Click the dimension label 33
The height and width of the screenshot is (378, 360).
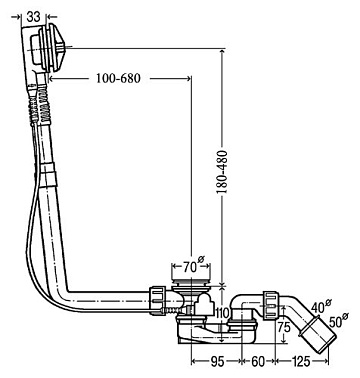click(x=34, y=17)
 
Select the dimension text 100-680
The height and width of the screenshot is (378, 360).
click(x=118, y=79)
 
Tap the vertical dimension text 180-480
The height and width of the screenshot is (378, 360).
click(x=222, y=172)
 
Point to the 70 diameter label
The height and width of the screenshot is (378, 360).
click(x=192, y=266)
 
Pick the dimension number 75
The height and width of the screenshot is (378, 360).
click(x=284, y=327)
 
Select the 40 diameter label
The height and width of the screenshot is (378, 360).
click(x=321, y=305)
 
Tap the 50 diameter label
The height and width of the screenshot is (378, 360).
click(x=339, y=321)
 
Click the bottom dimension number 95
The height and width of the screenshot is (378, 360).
click(x=216, y=362)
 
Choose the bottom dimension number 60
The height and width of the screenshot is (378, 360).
click(x=258, y=361)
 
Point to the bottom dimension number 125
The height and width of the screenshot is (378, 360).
click(x=301, y=361)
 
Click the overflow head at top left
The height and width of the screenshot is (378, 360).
click(x=47, y=48)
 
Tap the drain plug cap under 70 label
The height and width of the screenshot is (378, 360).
click(x=190, y=283)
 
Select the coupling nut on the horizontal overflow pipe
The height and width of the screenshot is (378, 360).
click(x=158, y=300)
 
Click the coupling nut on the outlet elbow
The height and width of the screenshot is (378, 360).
click(x=271, y=306)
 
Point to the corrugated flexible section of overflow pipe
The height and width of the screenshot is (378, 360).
click(x=41, y=104)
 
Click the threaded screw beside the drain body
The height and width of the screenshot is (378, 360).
click(x=173, y=311)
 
